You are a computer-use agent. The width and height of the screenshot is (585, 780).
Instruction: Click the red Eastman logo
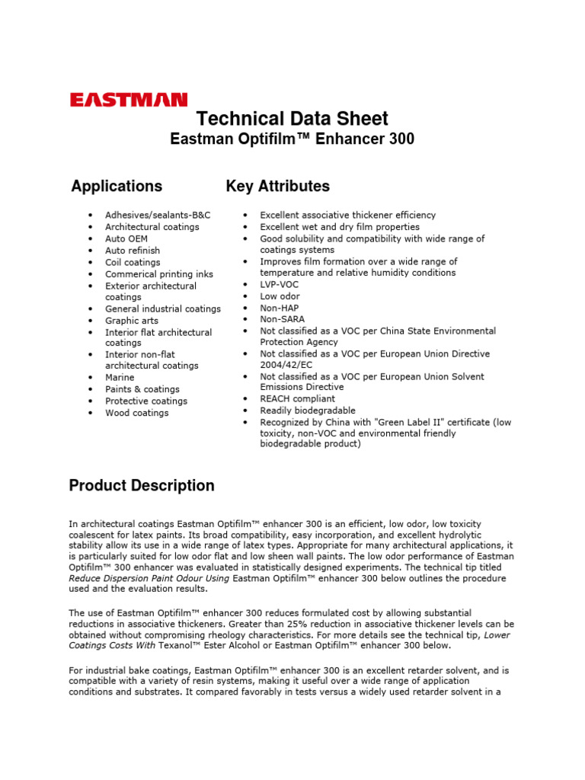[x=129, y=100]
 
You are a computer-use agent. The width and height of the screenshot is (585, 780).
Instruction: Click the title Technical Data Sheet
[x=292, y=119]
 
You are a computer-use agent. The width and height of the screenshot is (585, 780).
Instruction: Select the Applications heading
[x=117, y=186]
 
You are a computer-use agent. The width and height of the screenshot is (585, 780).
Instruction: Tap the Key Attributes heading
[x=278, y=186]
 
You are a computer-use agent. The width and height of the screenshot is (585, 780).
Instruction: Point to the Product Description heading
[x=142, y=486]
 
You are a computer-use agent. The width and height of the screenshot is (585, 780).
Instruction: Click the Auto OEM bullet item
[x=126, y=238]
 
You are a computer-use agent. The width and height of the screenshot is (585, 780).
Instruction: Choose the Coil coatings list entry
[x=133, y=262]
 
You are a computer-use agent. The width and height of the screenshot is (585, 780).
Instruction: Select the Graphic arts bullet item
[x=132, y=321]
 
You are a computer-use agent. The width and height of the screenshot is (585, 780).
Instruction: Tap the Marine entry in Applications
[x=120, y=377]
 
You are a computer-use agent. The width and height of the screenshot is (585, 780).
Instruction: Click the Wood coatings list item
[x=137, y=413]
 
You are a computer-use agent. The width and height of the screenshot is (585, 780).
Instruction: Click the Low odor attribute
[x=280, y=296]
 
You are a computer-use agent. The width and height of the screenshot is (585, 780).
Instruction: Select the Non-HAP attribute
[x=280, y=308]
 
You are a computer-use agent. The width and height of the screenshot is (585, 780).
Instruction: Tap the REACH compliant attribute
[x=297, y=398]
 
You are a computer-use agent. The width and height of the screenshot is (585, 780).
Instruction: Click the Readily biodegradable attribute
[x=308, y=411]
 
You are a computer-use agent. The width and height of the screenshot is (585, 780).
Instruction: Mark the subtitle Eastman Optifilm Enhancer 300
[x=292, y=139]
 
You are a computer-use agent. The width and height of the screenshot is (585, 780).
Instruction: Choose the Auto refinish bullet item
[x=133, y=251]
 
